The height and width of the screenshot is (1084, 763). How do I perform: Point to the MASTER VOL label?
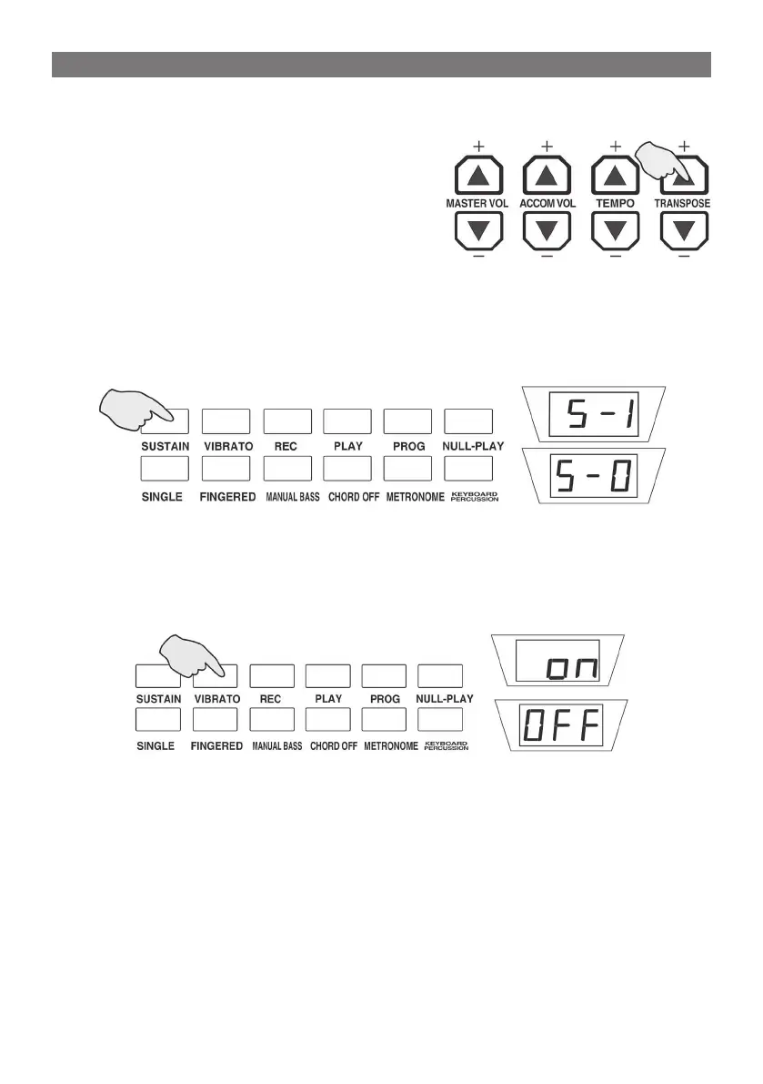(477, 204)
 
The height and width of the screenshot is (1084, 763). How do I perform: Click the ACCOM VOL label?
(547, 204)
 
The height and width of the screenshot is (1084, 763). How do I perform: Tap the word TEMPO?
(615, 204)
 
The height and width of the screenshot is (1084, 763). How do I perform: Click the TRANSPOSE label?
(683, 204)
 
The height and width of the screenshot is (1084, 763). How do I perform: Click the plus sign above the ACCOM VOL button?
(547, 146)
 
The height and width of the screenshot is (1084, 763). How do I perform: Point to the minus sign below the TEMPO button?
(615, 258)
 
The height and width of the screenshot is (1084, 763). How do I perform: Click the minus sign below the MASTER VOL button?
(477, 258)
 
